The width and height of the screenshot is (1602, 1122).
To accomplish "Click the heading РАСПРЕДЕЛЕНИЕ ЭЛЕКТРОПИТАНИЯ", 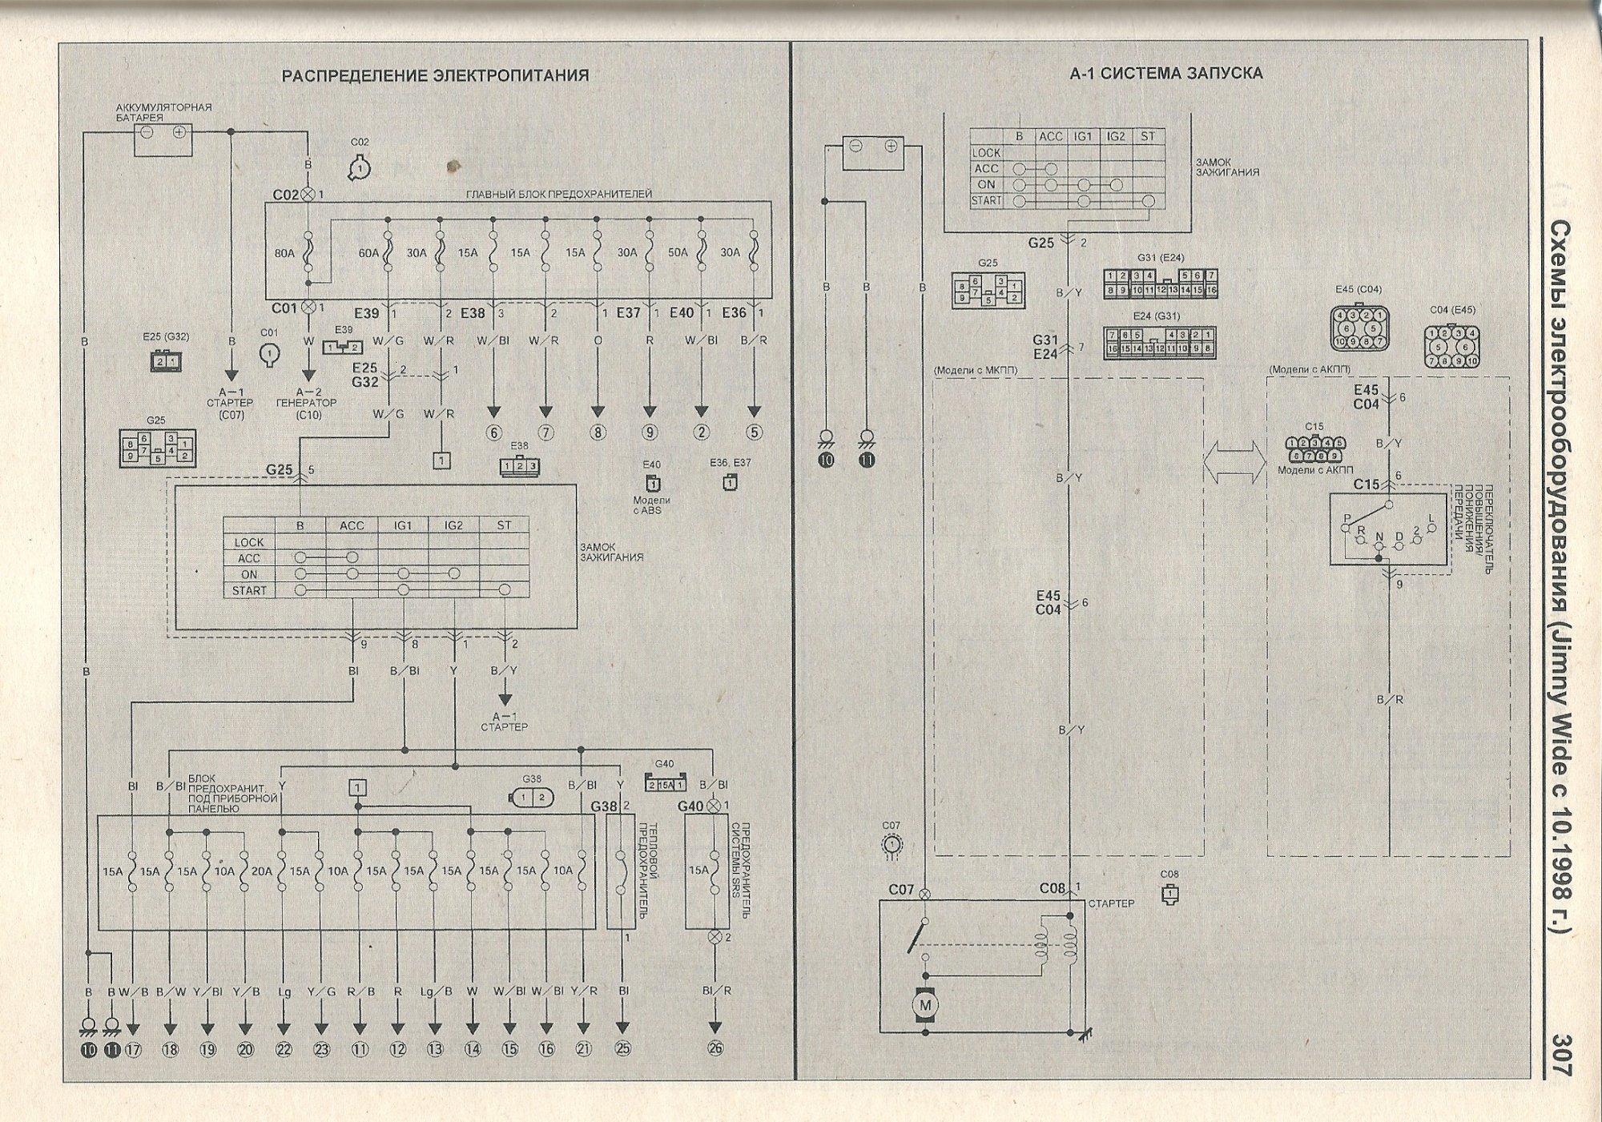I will [x=435, y=75].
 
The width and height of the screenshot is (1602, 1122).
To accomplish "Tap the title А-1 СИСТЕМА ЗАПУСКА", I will [x=1166, y=74].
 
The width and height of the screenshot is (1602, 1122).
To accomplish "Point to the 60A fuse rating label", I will [x=368, y=253].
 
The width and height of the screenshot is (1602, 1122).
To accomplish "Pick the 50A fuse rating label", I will [x=678, y=253].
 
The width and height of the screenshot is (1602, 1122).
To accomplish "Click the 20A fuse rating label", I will [x=261, y=871].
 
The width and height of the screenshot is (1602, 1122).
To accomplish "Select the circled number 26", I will [x=715, y=1049].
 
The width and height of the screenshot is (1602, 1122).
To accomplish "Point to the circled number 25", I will [x=622, y=1049].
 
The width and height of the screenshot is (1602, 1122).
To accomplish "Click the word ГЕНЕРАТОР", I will [x=308, y=403].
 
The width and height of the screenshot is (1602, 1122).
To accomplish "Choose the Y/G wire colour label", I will [x=321, y=991].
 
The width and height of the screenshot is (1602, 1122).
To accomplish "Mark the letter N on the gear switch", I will [x=1379, y=537].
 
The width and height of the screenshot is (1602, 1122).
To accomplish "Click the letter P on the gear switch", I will [x=1346, y=518].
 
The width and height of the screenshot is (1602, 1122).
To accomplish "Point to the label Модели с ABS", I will [x=651, y=505].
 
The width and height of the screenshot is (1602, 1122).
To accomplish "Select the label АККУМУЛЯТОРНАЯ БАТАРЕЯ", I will [x=163, y=112].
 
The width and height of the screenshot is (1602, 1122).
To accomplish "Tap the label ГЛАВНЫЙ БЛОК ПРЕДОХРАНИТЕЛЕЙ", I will [x=558, y=194].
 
